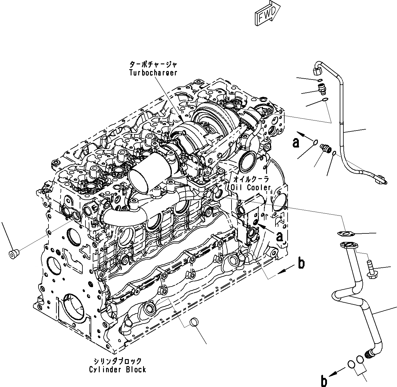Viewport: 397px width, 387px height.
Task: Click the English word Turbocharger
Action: pyautogui.click(x=153, y=73)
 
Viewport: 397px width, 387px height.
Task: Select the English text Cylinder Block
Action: pyautogui.click(x=118, y=369)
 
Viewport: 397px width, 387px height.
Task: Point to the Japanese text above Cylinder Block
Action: pyautogui.click(x=118, y=361)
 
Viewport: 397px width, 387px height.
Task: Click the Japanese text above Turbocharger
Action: pyautogui.click(x=153, y=65)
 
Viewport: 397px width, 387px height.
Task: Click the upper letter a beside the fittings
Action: pyautogui.click(x=295, y=143)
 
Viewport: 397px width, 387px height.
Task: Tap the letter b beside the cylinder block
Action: pyautogui.click(x=301, y=263)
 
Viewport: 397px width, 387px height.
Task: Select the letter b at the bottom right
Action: pyautogui.click(x=324, y=381)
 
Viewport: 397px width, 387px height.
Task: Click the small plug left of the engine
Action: pyautogui.click(x=14, y=254)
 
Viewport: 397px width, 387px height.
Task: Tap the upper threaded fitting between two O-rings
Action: pyautogui.click(x=320, y=89)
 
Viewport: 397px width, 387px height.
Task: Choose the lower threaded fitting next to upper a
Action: pyautogui.click(x=325, y=149)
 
